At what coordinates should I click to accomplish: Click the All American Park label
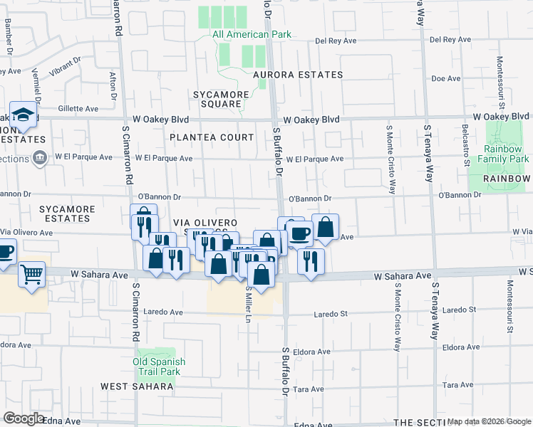[x=241, y=34]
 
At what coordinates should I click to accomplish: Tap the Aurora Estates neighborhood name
[x=297, y=75]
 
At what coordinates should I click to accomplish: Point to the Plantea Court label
[x=211, y=137]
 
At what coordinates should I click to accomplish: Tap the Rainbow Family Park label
[x=507, y=154]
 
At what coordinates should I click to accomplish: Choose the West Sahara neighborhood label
[x=137, y=386]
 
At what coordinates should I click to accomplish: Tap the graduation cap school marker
[x=24, y=115]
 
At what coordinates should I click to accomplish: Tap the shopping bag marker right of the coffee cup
[x=325, y=227]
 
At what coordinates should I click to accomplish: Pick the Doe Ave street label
[x=447, y=79]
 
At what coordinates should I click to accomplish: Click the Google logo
[x=24, y=418]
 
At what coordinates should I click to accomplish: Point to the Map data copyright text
[x=488, y=421]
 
